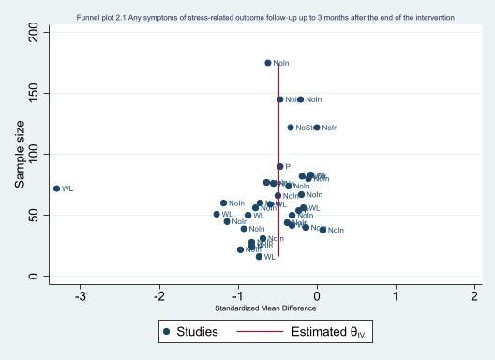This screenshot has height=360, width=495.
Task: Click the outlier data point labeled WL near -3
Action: [x=56, y=188]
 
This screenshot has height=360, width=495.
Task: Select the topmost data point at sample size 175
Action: [x=268, y=63]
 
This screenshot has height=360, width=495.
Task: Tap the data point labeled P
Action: [x=280, y=166]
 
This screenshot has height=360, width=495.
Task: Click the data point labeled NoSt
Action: [x=291, y=127]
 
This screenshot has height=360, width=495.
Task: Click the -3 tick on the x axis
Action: [x=81, y=296]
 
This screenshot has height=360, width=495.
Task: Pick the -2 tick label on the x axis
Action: [x=159, y=296]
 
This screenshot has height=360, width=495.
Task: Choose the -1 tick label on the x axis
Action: [x=238, y=296]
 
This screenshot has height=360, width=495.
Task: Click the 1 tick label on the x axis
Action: [x=396, y=296]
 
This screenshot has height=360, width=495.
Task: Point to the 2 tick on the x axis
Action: [x=474, y=296]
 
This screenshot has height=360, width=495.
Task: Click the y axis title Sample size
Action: [x=19, y=155]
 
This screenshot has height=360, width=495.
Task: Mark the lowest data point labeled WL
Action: [x=260, y=256]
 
